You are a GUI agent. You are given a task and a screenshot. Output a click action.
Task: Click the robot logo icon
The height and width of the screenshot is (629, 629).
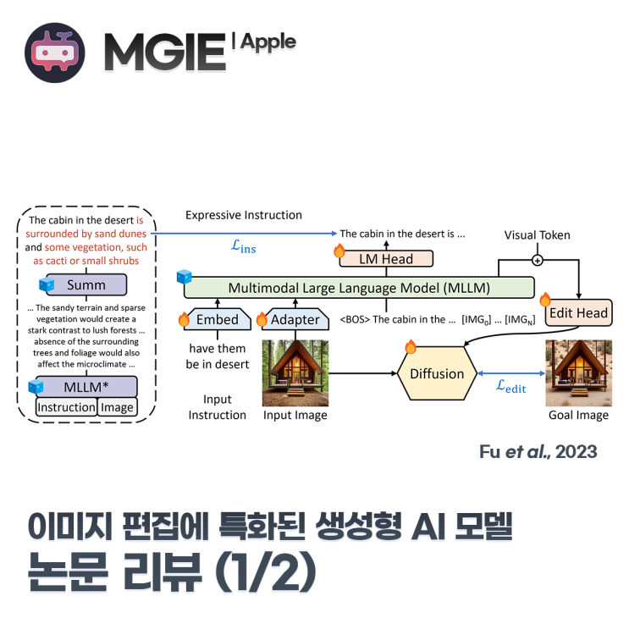(x=55, y=53)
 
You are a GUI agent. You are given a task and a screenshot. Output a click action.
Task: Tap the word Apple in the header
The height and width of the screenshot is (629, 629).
(x=268, y=41)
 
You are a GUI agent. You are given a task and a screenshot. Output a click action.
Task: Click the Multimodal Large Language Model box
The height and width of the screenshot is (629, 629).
(x=360, y=287)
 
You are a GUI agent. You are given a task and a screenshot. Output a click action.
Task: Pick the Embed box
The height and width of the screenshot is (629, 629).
(x=218, y=319)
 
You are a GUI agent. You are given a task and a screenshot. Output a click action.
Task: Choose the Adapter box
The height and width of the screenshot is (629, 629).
(x=295, y=319)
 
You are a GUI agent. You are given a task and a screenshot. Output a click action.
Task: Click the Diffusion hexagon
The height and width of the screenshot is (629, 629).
(x=437, y=373)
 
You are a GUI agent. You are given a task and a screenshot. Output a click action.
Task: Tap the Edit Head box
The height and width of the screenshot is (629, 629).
(x=578, y=313)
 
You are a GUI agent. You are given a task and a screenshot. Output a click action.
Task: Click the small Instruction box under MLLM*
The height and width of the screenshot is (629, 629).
(x=66, y=407)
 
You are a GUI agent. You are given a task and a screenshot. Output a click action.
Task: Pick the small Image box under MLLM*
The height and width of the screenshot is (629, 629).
(x=117, y=407)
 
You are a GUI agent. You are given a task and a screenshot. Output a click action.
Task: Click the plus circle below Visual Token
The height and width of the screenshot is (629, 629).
(x=537, y=260)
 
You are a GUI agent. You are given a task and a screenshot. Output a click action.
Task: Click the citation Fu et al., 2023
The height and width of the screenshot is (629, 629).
(x=538, y=451)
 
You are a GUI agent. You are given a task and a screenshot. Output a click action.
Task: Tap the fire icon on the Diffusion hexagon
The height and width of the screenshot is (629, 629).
(x=411, y=346)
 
